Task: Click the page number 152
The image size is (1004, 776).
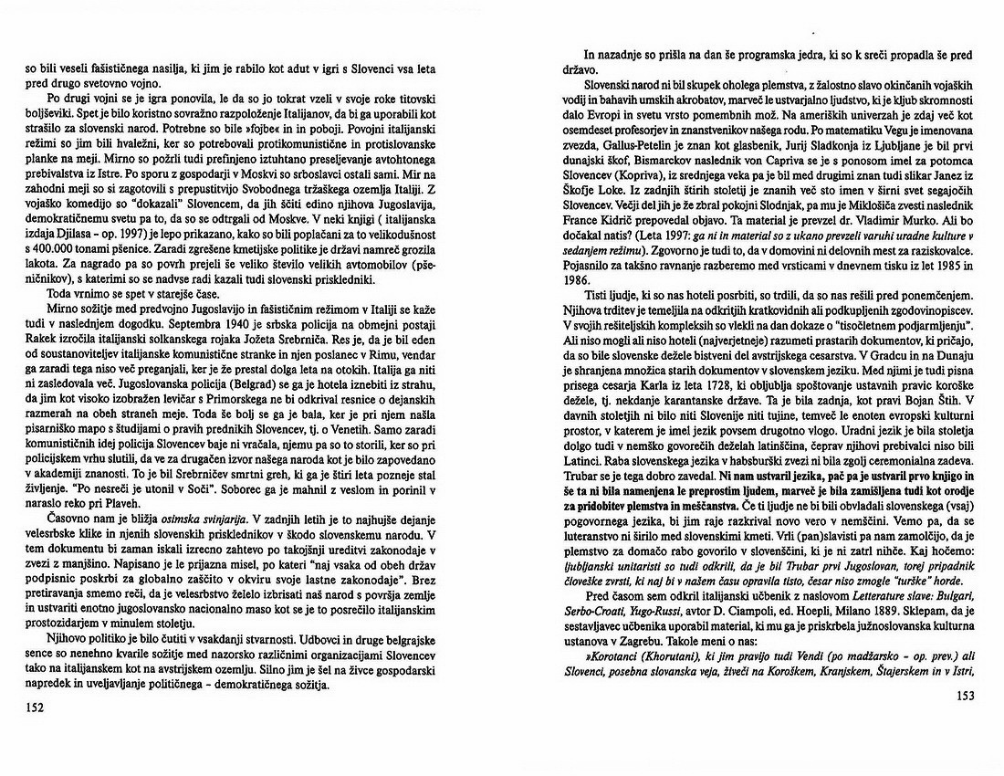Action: [36, 706]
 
